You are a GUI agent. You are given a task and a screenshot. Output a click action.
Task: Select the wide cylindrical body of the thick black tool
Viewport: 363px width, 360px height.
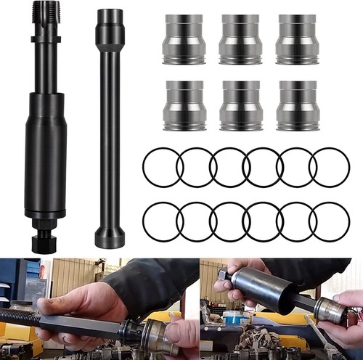coord(46,152)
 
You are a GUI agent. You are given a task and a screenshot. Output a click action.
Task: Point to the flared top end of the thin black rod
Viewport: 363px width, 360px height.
coord(110,29)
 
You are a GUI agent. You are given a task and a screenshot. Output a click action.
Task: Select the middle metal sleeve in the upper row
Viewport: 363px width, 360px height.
coord(240,39)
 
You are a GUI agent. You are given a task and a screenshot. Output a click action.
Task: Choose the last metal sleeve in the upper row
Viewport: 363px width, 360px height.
coord(297,39)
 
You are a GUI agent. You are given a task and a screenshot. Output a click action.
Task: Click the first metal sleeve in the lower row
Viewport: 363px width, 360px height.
coord(184,105)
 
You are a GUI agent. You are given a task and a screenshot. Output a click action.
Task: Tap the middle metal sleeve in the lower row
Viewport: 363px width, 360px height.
coord(240,105)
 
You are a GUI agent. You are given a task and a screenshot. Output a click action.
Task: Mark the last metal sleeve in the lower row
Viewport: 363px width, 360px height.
coord(297,105)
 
